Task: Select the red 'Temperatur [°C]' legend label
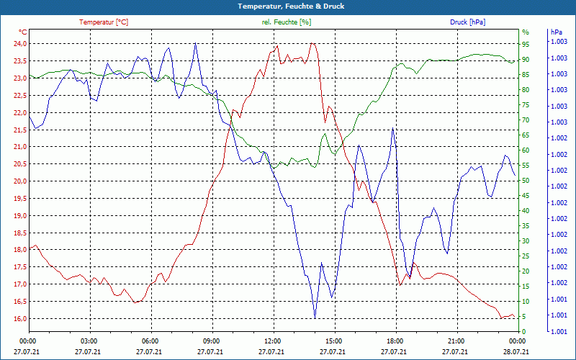coord(104,22)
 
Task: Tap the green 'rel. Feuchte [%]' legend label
coord(287,22)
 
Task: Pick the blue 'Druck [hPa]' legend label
coord(467,22)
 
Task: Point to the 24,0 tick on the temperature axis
coord(19,43)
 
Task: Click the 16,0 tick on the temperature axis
coord(19,318)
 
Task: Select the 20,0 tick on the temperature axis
coord(19,181)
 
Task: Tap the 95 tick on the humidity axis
coord(525,44)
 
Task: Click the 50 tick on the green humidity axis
coord(525,180)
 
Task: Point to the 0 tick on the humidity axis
coord(524,331)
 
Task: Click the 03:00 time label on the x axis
coord(89,341)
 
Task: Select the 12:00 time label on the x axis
coord(272,341)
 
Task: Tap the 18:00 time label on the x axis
coord(395,341)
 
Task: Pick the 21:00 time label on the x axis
coord(456,341)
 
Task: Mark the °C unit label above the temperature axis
coord(22,32)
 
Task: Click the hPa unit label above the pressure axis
coord(557,32)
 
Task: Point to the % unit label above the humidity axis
coord(525,32)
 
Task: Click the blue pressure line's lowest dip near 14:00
coord(315,317)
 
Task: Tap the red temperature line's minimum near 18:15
coord(400,285)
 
